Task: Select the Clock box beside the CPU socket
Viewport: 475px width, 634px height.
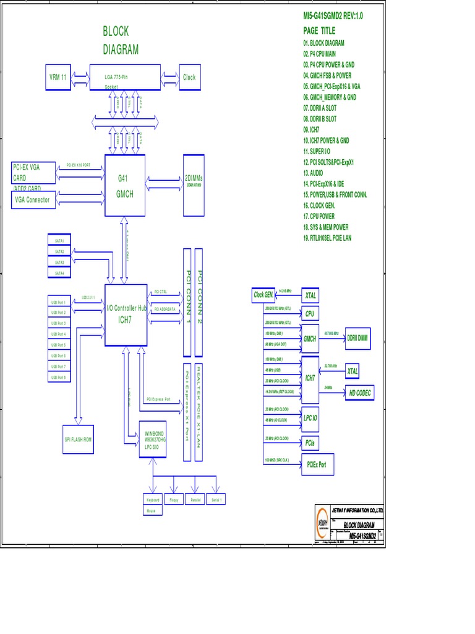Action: (189, 77)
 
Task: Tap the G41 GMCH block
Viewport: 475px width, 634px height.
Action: (126, 186)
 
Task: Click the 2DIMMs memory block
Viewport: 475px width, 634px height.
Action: (194, 185)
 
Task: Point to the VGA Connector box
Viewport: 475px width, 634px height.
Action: (33, 200)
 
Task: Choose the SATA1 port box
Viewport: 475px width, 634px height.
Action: (59, 240)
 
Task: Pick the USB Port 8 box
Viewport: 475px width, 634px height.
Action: (59, 377)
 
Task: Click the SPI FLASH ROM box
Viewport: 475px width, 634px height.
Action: (78, 439)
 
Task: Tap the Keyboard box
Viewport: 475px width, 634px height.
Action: (152, 500)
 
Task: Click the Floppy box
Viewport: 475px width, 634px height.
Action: (174, 500)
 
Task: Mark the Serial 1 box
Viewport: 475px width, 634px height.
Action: (216, 500)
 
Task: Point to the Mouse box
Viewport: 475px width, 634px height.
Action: (152, 511)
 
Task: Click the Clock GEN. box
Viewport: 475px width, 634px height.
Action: (263, 295)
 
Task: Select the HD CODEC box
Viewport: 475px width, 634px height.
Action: (360, 393)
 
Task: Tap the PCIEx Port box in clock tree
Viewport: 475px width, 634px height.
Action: (317, 464)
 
